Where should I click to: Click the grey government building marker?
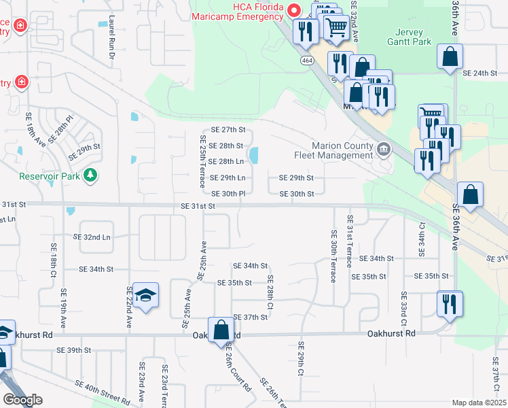point(383,149)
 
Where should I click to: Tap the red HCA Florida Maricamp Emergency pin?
point(294,10)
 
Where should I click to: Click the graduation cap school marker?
point(146,295)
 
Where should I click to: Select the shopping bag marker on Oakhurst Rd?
point(221,331)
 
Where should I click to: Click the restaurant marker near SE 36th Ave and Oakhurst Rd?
point(448,304)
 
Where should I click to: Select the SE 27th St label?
point(228,129)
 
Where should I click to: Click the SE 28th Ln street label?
point(225,162)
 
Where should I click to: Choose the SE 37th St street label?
point(251,318)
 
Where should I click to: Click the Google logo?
point(22,400)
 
